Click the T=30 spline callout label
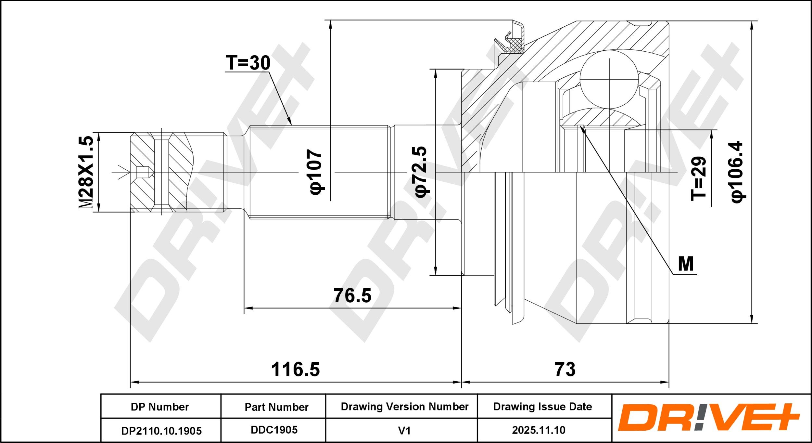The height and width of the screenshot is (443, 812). coord(248,63)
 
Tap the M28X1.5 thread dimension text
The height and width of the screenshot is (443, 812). coord(86,172)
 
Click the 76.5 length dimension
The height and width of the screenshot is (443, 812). coord(352,295)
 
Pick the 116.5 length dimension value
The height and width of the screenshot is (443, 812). coord(295,370)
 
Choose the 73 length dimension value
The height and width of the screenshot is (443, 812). coord(565,370)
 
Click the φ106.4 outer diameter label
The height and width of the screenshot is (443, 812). coord(737,172)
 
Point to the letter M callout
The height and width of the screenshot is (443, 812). coord(686,264)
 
